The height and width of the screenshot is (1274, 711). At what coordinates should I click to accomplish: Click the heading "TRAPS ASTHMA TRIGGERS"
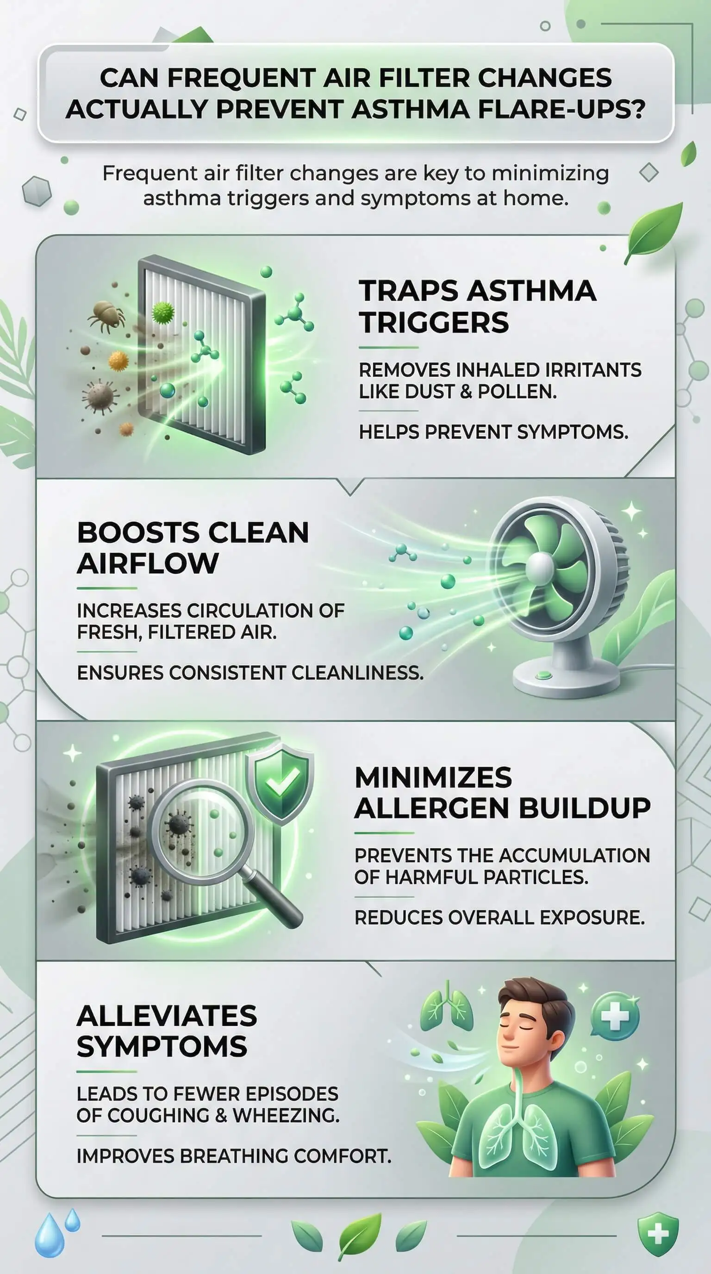coord(478,306)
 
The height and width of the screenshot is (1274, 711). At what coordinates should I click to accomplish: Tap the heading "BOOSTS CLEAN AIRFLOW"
coord(193,548)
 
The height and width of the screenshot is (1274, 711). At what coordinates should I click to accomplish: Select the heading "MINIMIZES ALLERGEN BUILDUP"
coord(502,793)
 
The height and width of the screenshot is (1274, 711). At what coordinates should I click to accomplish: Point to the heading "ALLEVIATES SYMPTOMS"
coord(167,1031)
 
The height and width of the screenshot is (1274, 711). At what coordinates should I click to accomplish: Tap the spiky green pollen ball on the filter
coord(163,312)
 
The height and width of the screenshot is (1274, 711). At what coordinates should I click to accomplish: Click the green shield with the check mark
coord(281,782)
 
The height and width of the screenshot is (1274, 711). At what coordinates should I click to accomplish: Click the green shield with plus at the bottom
coord(658,1231)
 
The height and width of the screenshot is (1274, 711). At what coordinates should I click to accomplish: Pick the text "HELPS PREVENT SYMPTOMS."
coord(493,432)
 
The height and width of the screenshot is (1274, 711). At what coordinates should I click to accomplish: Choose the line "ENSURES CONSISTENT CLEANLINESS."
coord(250,673)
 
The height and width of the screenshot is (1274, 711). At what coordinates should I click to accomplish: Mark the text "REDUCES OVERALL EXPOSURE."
coord(499,918)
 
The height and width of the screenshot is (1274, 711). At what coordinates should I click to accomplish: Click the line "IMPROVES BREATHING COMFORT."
coord(234,1156)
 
